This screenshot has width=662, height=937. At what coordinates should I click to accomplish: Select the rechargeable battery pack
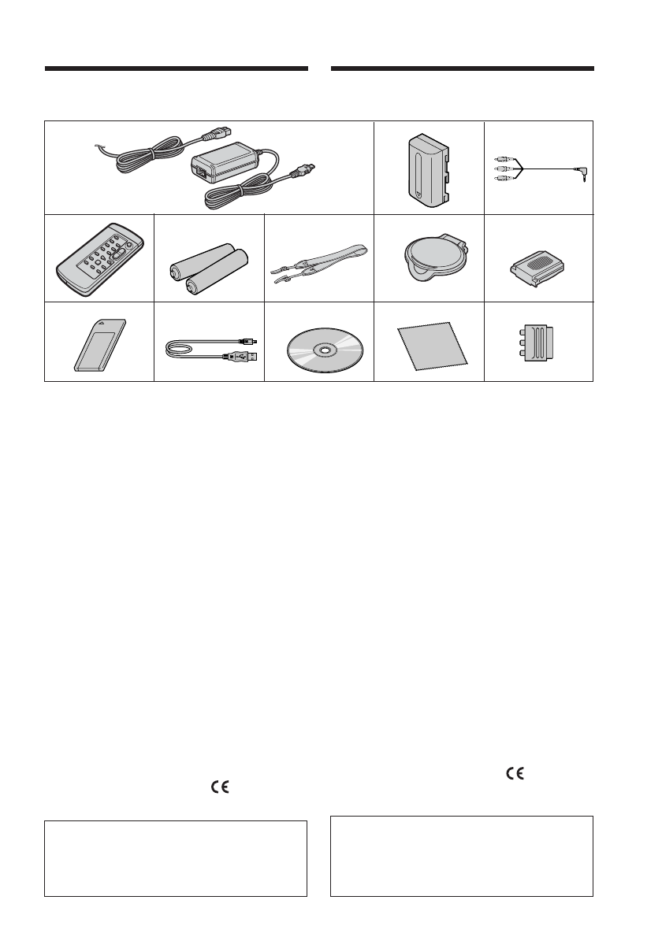point(426,168)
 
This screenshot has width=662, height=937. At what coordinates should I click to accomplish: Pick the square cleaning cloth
point(430,346)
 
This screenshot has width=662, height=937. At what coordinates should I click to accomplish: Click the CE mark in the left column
point(219,786)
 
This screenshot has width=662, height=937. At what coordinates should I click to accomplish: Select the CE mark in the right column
point(514,773)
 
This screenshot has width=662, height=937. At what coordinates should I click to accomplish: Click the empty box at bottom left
point(175,858)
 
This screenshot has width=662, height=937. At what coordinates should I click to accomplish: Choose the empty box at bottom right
point(461,856)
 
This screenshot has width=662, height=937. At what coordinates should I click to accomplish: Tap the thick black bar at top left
point(176,69)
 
